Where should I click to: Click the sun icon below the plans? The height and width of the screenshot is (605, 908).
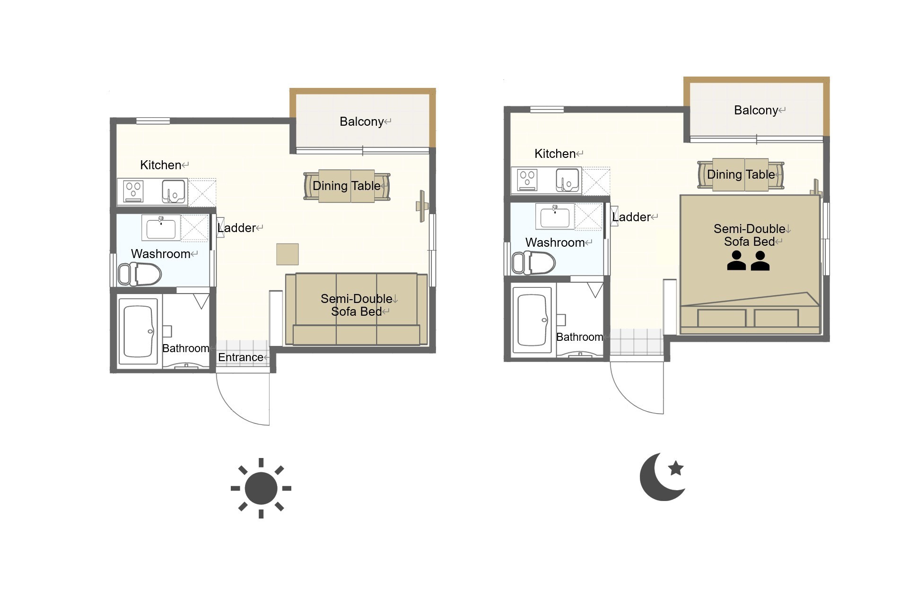[261, 488]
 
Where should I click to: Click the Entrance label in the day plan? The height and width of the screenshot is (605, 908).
[241, 357]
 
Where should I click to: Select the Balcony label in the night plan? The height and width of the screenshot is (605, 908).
[756, 110]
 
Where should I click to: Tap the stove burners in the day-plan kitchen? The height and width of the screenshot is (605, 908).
[133, 191]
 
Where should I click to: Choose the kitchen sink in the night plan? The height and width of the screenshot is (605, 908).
[567, 180]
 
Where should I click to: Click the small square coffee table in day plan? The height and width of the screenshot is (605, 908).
[288, 254]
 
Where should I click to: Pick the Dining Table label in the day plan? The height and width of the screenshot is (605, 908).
[347, 186]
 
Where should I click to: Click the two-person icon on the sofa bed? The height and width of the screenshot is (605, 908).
[748, 260]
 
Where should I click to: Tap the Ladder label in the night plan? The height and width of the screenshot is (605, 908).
[631, 217]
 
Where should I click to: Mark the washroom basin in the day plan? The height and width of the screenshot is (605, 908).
[161, 228]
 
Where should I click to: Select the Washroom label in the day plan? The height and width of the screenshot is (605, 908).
[161, 254]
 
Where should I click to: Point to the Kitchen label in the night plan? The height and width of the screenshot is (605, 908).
[555, 154]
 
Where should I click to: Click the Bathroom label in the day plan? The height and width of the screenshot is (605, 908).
[186, 348]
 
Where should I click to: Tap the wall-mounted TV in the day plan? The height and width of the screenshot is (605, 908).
[422, 206]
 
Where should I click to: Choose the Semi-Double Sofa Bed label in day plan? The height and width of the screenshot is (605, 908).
[357, 305]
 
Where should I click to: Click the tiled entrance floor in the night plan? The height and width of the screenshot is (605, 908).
[637, 342]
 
